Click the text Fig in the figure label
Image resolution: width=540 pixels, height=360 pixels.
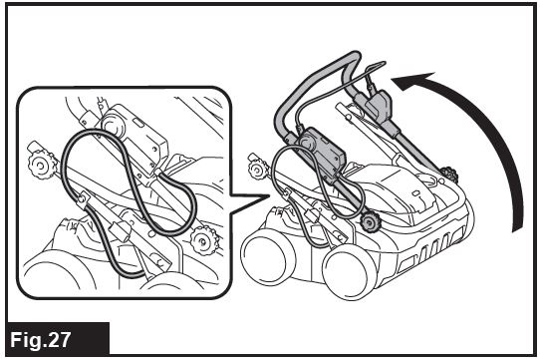pos(27,340)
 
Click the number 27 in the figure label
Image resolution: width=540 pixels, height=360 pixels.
pos(58,340)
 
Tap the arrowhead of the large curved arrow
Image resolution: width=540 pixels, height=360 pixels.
pos(413,82)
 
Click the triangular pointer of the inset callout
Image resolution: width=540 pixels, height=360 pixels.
pos(249,203)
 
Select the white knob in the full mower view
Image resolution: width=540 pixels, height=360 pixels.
pos(256,169)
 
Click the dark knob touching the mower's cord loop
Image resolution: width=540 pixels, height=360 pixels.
pos(371,222)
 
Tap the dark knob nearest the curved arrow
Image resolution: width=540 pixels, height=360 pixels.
pos(448,175)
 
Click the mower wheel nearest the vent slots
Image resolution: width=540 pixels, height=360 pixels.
pos(349,271)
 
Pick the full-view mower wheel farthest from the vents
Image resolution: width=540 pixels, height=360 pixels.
pos(268,256)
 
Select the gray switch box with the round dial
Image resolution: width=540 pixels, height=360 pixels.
pos(320,155)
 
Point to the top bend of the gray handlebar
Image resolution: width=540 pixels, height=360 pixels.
pos(351,56)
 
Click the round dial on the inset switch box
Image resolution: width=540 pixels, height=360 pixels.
pos(113,127)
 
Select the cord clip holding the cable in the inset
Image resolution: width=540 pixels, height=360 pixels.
pos(82,200)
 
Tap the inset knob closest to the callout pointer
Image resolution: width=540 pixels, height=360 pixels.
pos(204,239)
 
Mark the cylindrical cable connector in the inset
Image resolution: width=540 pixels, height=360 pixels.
pos(120,230)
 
